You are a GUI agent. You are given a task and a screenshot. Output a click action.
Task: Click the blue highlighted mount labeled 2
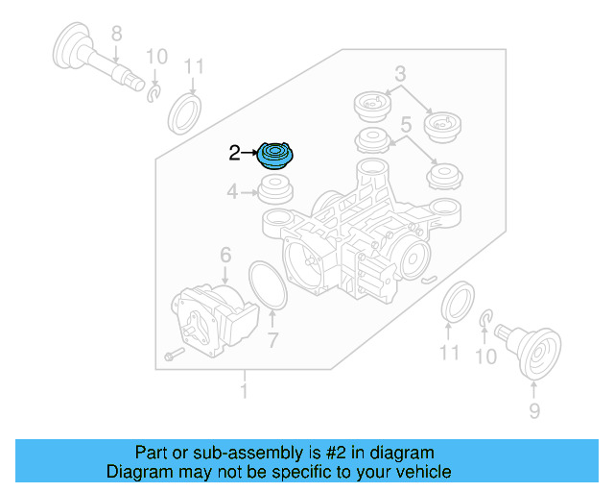(278, 155)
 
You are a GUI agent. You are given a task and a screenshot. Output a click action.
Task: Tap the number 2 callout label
(235, 152)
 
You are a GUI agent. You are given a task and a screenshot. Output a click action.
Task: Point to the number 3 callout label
(400, 73)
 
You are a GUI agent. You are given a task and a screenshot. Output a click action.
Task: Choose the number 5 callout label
(406, 124)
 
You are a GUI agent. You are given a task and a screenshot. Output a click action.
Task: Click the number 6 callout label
(225, 255)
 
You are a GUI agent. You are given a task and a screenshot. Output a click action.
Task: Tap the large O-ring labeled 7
(270, 285)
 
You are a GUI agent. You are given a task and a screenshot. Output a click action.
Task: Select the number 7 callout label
(272, 339)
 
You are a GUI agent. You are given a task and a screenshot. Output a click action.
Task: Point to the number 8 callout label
(116, 34)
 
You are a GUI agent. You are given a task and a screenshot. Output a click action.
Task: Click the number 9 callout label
(534, 411)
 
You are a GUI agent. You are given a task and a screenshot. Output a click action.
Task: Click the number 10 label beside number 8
(155, 56)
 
